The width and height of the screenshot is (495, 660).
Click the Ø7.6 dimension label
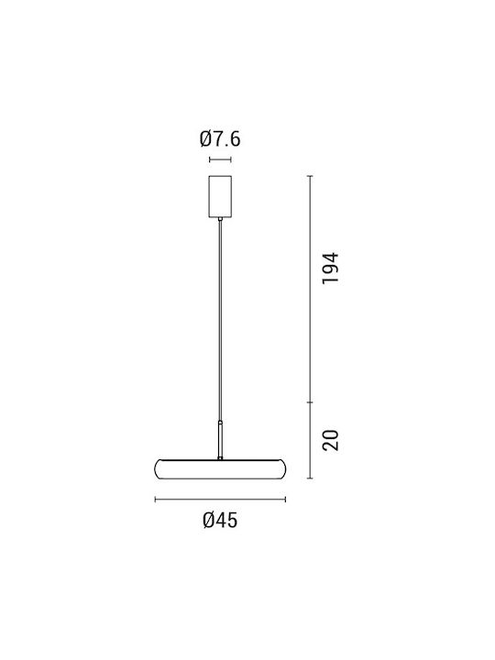[x=220, y=139]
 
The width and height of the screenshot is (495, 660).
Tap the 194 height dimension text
[x=330, y=269]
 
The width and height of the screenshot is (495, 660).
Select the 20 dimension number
[x=330, y=440]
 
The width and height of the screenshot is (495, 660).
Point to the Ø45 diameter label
[x=220, y=521]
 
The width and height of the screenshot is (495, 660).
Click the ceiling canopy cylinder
[x=220, y=196]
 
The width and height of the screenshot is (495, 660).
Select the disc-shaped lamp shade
[x=220, y=469]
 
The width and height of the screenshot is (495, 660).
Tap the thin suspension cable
[x=220, y=321]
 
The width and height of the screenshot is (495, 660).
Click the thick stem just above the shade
[x=220, y=440]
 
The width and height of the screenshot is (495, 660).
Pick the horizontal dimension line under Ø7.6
[x=220, y=159]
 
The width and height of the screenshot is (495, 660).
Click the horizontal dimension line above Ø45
[x=220, y=500]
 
